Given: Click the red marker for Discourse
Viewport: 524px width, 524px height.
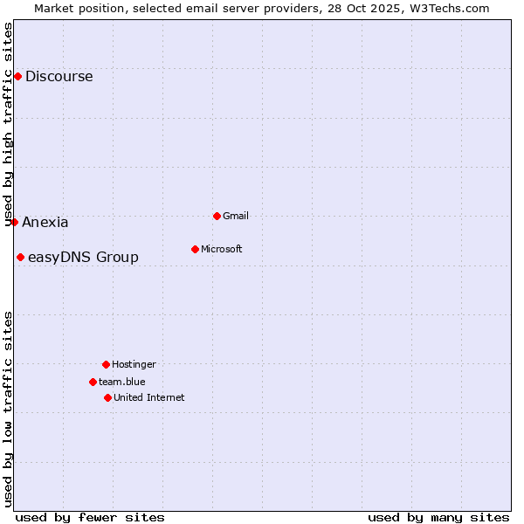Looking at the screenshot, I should tap(17, 77).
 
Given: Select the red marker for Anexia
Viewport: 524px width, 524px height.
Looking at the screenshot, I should tap(14, 222).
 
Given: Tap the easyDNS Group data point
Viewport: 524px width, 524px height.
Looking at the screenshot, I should tap(20, 257).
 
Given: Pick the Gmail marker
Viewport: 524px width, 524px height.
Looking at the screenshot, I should tap(217, 216).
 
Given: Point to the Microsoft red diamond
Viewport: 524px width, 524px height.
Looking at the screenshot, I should tap(195, 249).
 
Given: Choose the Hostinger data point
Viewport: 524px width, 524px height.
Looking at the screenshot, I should tap(106, 364).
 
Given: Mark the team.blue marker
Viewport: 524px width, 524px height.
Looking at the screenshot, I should tap(93, 382).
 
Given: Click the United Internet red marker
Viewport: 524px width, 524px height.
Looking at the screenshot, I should tap(107, 397).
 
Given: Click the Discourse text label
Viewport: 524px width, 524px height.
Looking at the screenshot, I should tap(59, 77).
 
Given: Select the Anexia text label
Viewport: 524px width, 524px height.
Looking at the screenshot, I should tap(45, 222).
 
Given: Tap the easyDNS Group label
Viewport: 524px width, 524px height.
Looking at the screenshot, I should tap(83, 257).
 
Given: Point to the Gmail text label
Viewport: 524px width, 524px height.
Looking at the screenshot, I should tap(237, 216).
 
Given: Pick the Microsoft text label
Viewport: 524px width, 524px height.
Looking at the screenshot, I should tap(222, 249).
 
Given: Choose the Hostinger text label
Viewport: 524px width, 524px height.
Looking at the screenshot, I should tap(134, 364).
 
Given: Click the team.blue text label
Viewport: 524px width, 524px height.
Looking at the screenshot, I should tap(122, 382).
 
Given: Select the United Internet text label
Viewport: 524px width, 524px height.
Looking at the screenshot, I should tap(149, 397).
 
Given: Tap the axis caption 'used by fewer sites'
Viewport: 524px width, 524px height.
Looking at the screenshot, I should tap(90, 517).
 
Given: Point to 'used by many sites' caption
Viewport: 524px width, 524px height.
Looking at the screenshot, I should tap(438, 517).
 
